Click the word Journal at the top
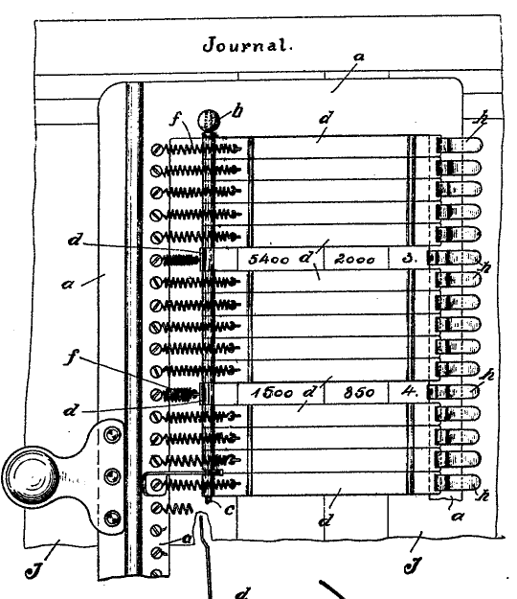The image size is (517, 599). click(247, 45)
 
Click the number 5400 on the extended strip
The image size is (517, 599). click(269, 260)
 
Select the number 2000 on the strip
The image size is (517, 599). click(355, 260)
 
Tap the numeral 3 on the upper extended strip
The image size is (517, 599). click(409, 259)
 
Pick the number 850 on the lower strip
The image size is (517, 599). click(359, 393)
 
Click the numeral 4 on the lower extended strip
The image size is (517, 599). click(409, 392)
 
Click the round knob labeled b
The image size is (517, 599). click(209, 121)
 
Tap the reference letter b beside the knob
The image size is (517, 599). click(237, 111)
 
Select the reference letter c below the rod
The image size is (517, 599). click(230, 510)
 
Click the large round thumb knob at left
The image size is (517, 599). click(31, 476)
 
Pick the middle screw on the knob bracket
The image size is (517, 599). click(111, 476)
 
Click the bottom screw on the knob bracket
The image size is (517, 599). click(111, 518)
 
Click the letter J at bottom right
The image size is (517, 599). click(414, 565)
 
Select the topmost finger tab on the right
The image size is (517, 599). click(460, 146)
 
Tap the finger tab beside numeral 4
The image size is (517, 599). click(453, 392)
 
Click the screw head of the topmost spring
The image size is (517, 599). click(156, 150)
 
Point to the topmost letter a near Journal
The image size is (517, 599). click(359, 58)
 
